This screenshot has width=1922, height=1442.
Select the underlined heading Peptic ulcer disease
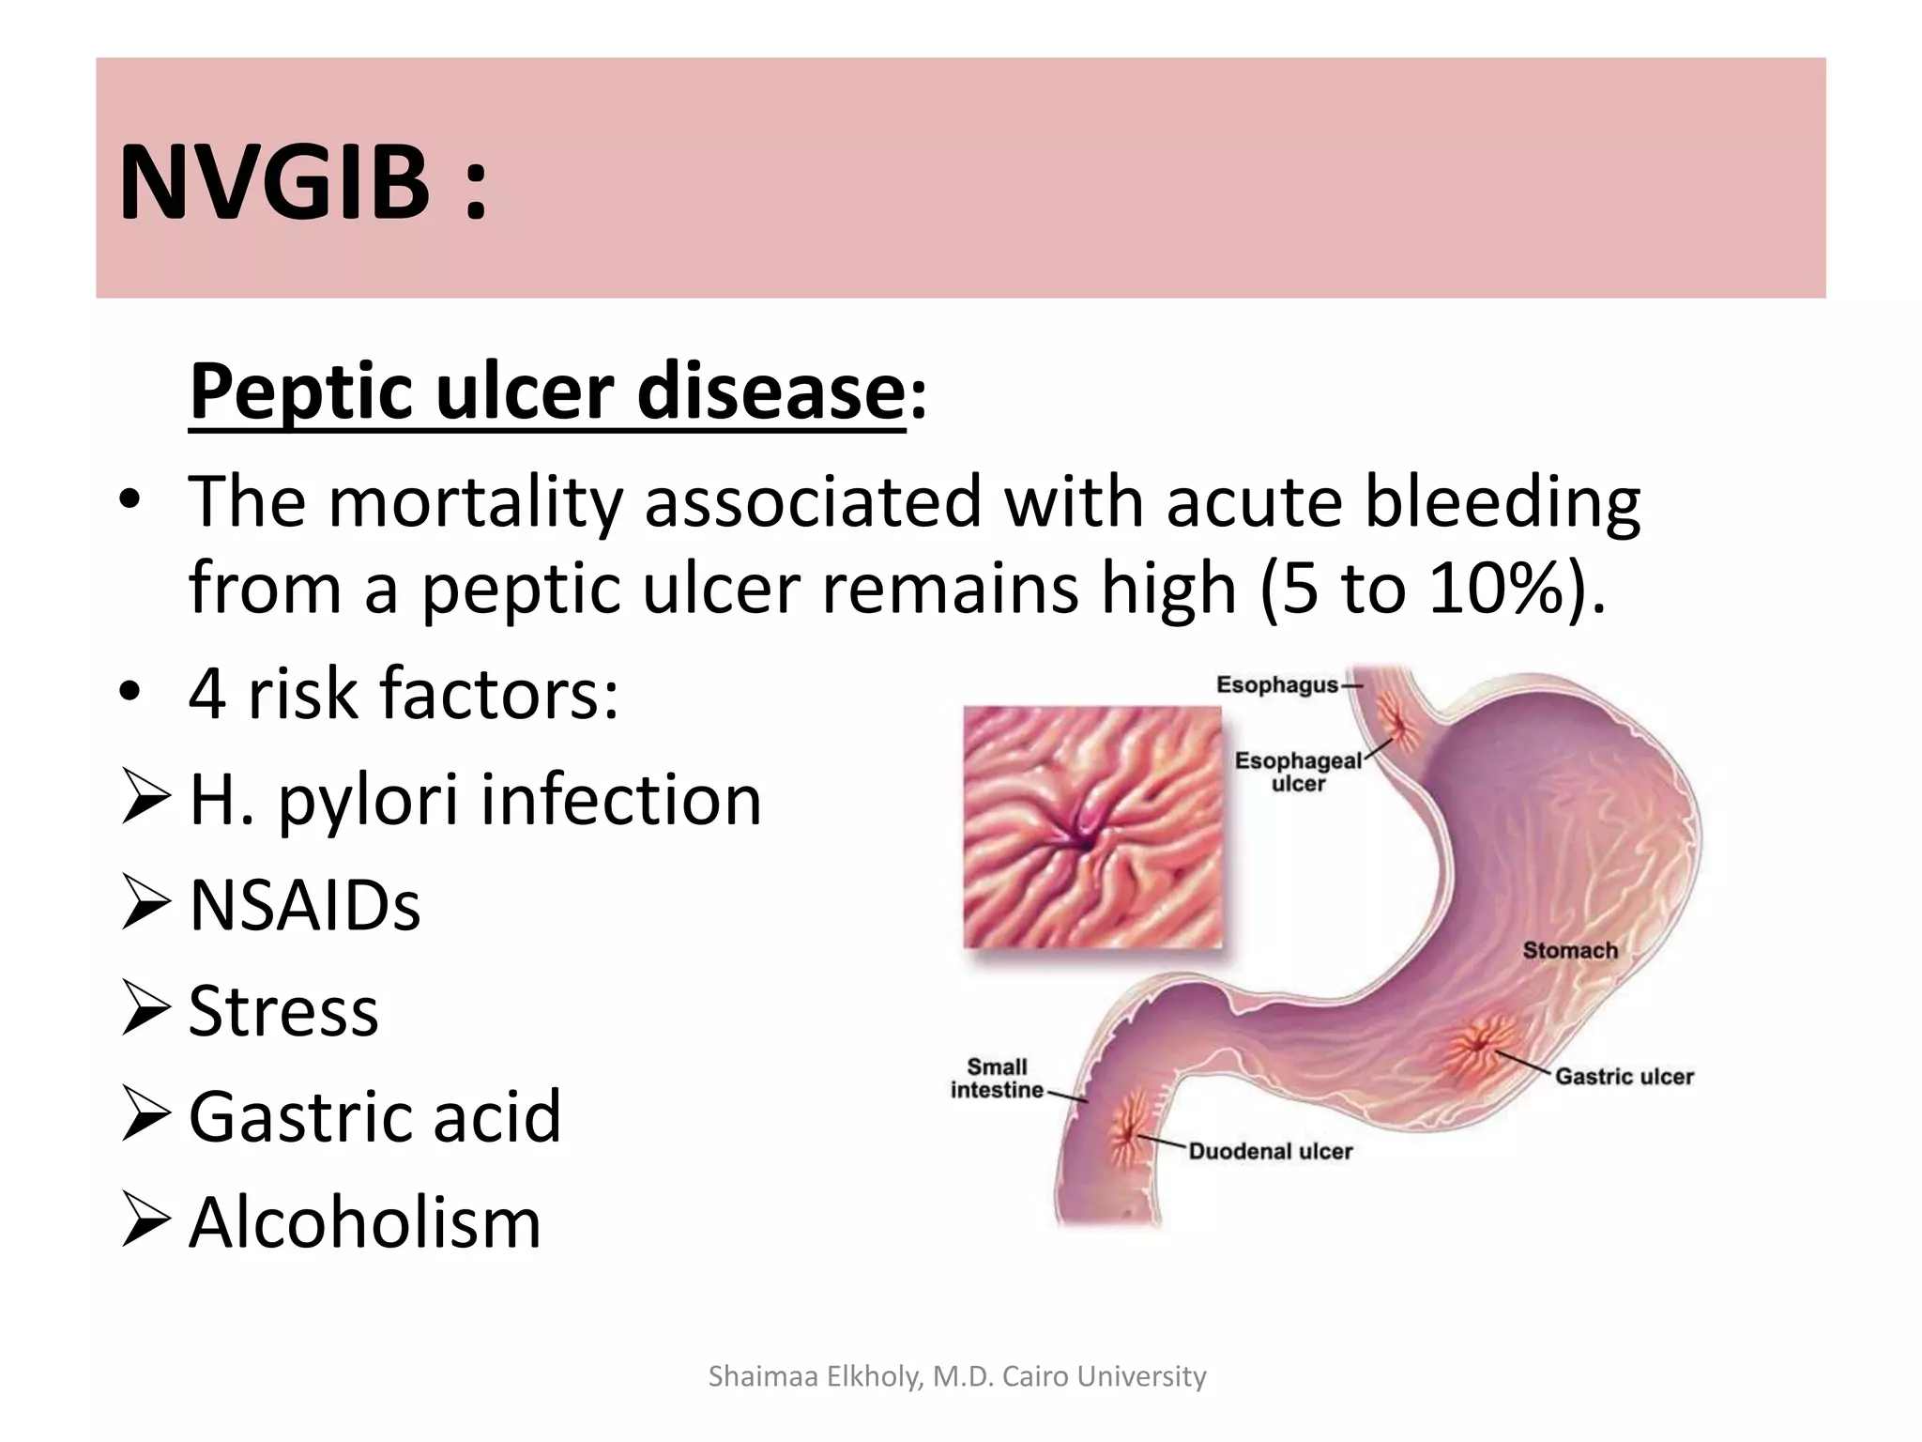547,392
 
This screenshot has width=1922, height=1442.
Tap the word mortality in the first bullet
475,503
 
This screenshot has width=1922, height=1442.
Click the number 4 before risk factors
206,694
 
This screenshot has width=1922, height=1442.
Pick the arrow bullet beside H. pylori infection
145,800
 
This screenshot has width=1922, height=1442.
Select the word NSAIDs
305,906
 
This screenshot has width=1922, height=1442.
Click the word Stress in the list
283,1012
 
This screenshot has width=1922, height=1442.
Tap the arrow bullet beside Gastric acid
145,1117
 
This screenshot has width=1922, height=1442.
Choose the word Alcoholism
365,1223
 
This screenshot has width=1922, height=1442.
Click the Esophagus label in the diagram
1276,685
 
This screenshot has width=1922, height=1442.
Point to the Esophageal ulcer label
1298,772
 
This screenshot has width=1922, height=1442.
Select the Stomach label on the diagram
1570,951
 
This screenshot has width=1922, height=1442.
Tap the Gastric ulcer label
1624,1077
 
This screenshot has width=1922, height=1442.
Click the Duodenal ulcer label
1270,1152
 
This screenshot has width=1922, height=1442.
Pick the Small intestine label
997,1079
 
